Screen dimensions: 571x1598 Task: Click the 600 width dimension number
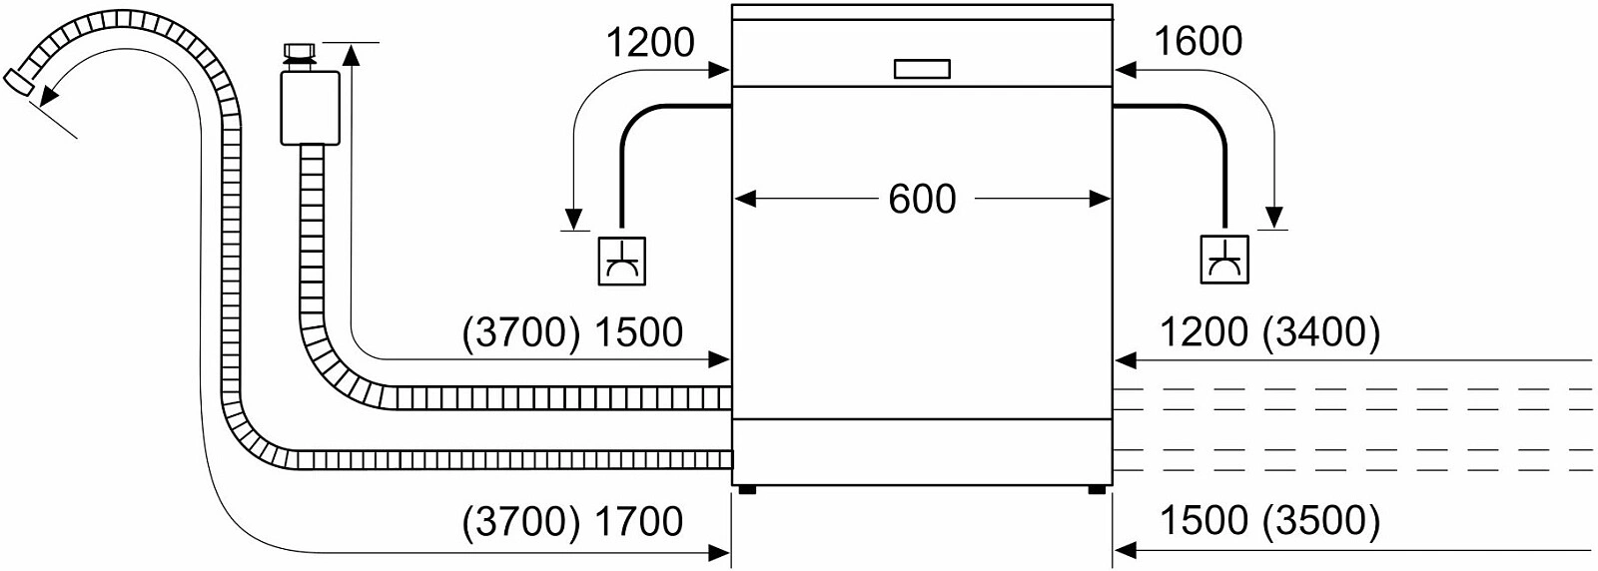[922, 199]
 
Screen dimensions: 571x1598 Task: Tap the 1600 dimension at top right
[1198, 42]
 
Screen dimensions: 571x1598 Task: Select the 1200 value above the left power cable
[650, 42]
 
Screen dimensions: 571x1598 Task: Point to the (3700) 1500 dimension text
[573, 332]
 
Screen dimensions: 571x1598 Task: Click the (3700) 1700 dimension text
[573, 521]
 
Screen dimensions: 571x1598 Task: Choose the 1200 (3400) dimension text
[1269, 332]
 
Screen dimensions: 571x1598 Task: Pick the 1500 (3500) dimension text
[1269, 521]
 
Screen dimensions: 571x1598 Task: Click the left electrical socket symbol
[621, 262]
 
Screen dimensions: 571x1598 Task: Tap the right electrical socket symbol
[1224, 262]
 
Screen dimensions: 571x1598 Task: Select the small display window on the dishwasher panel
[922, 69]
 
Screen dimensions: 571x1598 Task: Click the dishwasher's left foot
[746, 489]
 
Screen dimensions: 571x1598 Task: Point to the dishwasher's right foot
[1097, 489]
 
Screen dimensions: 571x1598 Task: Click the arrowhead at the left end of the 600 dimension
[744, 199]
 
